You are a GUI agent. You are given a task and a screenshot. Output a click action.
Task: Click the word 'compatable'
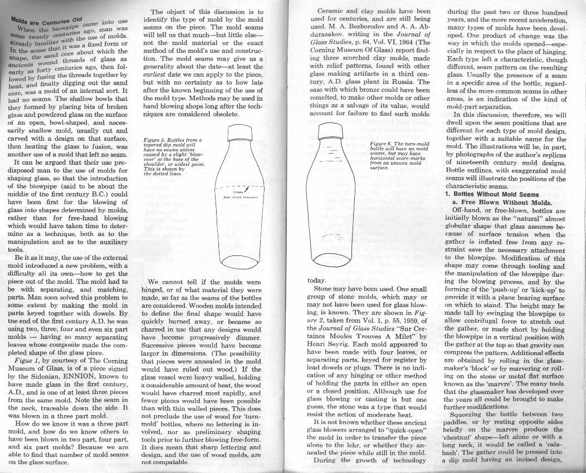tap(168, 462)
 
